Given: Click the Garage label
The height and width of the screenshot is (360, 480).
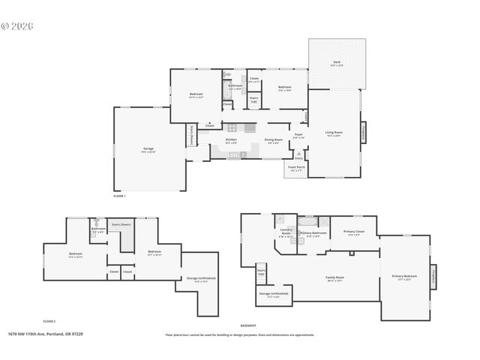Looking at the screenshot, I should (148, 149).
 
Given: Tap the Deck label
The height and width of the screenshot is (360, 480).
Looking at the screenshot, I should (336, 64).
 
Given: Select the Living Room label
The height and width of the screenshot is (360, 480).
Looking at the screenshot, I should (333, 133).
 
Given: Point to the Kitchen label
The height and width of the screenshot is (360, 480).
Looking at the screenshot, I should (232, 140).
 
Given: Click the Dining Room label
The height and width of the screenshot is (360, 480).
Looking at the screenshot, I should (273, 140).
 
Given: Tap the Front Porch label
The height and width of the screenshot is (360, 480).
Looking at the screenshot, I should (296, 168).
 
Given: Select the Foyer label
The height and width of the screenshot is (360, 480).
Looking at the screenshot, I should (298, 136).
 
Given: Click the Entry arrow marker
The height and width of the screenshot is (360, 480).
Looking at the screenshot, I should (298, 157).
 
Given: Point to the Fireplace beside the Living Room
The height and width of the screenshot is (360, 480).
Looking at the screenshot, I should (364, 131).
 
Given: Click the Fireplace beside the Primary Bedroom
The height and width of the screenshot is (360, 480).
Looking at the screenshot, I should (433, 275).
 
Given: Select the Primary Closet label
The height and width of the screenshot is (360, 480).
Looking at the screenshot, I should (354, 232).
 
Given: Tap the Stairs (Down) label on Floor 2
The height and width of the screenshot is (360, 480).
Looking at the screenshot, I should (121, 223).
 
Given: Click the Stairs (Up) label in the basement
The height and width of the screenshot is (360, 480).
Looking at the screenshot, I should (261, 272).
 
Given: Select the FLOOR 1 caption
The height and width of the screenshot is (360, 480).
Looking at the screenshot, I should (119, 196).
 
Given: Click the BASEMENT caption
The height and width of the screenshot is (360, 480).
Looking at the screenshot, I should (247, 325).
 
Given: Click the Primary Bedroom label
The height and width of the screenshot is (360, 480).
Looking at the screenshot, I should (404, 277).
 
